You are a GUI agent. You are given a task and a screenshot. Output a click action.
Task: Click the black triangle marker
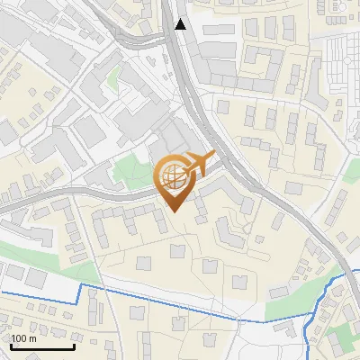[181, 24]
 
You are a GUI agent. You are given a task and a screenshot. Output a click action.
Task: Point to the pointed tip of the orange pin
[173, 211]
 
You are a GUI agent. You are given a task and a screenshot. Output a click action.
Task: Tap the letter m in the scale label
[33, 338]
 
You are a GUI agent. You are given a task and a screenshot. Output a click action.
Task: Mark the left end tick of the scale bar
[12, 346]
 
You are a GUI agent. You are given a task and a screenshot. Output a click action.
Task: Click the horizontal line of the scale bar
[42, 347]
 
